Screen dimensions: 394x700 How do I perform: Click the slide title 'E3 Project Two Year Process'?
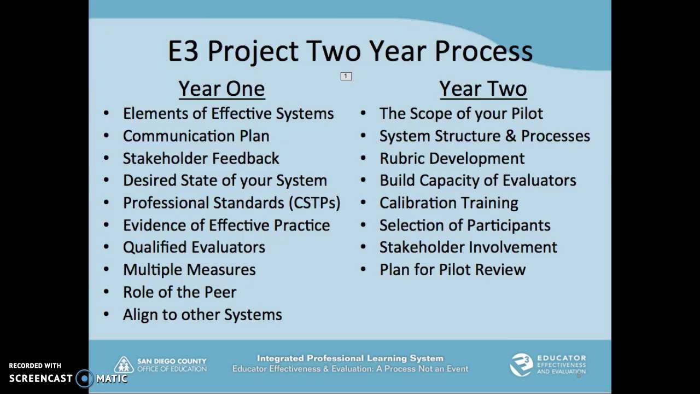pos(350,51)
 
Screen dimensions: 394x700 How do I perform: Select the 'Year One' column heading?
pos(221,89)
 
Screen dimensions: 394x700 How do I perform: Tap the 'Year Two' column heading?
pos(483,89)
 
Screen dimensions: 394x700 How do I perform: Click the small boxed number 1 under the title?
pos(346,76)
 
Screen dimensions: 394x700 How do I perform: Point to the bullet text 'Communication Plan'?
pos(196,136)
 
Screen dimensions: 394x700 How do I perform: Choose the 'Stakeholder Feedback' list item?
pos(201,158)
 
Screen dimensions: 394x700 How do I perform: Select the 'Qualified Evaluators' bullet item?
pos(194,247)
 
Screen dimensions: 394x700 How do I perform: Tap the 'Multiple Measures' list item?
pos(189,270)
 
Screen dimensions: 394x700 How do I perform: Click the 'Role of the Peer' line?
pos(179,292)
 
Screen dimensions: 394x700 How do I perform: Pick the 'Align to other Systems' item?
pos(202,315)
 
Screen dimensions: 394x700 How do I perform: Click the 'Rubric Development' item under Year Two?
pos(452,158)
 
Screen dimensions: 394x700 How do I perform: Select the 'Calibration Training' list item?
pos(448,202)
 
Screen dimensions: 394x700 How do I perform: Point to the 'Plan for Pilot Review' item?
pos(452,270)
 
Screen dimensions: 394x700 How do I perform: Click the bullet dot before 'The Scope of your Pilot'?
pos(363,114)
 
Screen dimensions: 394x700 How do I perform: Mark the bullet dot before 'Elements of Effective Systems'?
pos(107,114)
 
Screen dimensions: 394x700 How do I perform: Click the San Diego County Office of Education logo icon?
pos(124,365)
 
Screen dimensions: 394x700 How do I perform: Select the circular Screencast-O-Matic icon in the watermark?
pos(85,378)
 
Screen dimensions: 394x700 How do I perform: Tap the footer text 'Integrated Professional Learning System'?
pos(350,358)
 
